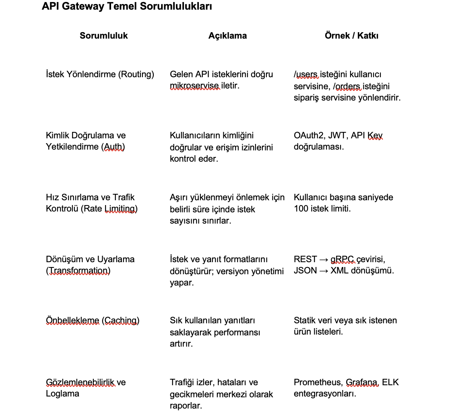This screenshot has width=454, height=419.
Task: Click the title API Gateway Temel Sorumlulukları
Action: click(127, 6)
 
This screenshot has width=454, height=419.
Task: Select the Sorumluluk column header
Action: click(103, 35)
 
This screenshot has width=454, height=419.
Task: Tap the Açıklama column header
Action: click(227, 35)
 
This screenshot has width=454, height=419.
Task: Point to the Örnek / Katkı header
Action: click(351, 35)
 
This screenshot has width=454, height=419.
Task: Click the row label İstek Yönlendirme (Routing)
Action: click(100, 74)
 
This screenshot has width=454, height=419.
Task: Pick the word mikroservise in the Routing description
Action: click(195, 86)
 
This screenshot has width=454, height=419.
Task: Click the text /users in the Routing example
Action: click(306, 74)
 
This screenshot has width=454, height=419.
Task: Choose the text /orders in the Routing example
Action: click(347, 86)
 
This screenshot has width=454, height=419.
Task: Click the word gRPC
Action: click(343, 259)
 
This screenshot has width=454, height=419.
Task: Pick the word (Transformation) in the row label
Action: click(78, 271)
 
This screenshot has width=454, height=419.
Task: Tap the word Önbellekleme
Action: click(72, 320)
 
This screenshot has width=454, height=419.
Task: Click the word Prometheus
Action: click(318, 382)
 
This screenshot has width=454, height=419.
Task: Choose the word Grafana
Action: click(362, 382)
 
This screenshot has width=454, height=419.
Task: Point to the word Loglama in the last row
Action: click(62, 394)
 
